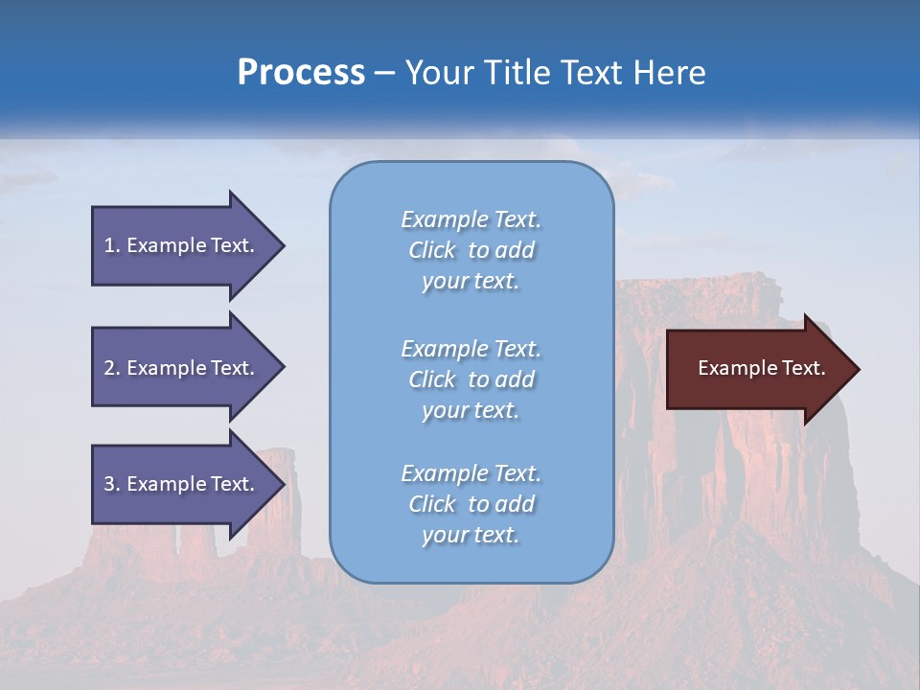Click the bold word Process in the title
(x=301, y=73)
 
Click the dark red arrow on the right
(x=757, y=369)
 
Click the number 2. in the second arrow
(x=112, y=368)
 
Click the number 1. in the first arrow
(x=112, y=245)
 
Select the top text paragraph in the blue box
(x=471, y=250)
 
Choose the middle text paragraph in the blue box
(x=471, y=379)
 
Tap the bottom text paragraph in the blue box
(x=471, y=504)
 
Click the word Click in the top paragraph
(x=432, y=251)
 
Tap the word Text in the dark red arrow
(x=803, y=368)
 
